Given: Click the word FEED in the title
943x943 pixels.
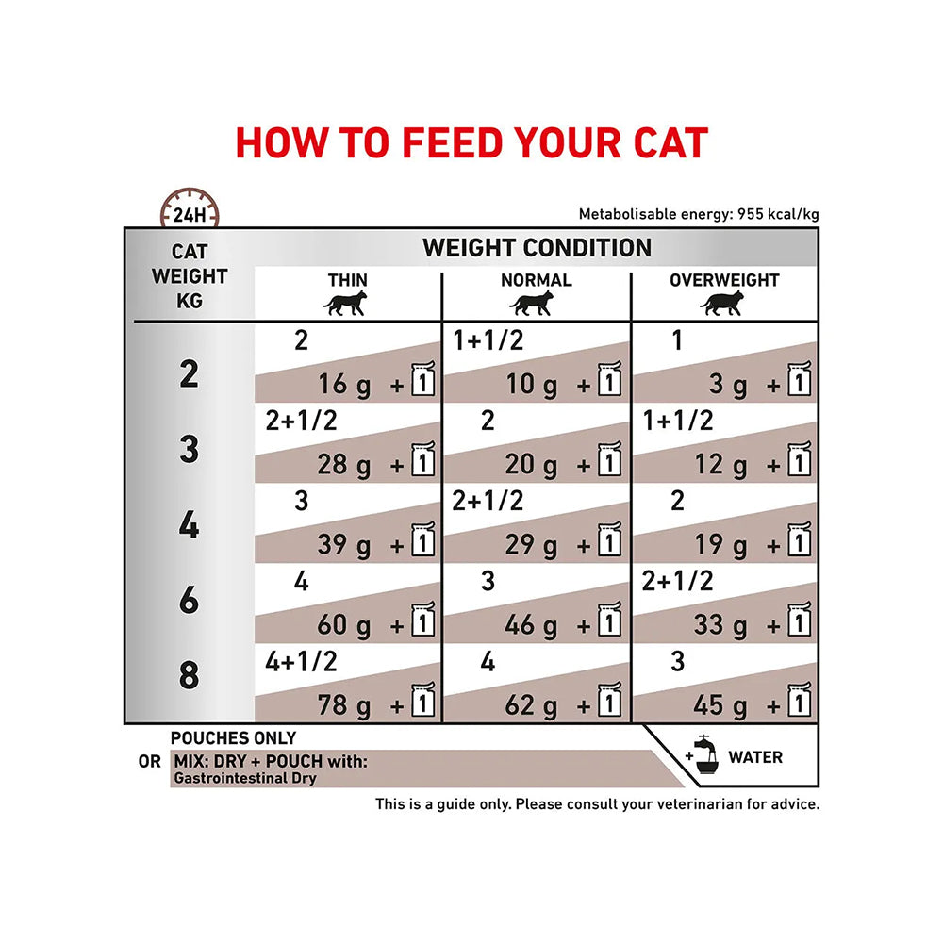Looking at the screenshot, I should [451, 142].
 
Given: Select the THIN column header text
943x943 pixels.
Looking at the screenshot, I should [348, 280].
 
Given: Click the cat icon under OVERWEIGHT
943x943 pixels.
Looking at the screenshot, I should [723, 303].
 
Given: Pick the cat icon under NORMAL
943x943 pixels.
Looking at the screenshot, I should [535, 303].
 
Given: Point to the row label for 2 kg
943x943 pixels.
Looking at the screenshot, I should [190, 374].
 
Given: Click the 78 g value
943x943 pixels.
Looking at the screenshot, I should [344, 704].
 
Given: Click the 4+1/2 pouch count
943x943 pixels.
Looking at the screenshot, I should [301, 662].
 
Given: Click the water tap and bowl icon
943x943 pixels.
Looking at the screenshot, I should [703, 755].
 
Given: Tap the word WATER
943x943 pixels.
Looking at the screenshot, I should [755, 757].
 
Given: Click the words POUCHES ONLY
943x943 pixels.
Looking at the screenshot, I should [233, 738].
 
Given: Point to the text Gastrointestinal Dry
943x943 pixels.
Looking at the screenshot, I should [245, 779].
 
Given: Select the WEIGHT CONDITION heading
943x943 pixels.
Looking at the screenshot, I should [537, 248].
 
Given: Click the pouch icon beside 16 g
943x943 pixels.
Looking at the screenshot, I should [422, 379].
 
